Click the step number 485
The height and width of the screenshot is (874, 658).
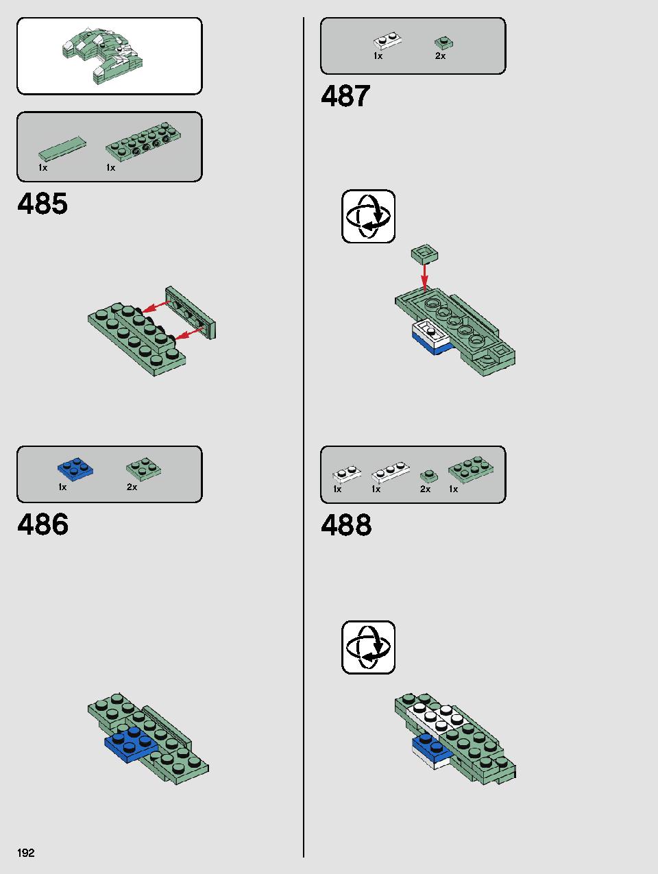(42, 204)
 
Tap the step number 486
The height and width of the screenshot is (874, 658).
(42, 524)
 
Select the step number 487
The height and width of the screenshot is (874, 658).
(345, 96)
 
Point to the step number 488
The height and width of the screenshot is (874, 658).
(346, 524)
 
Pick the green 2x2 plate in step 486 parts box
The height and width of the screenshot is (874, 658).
(144, 468)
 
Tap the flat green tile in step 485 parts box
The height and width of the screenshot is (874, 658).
(62, 148)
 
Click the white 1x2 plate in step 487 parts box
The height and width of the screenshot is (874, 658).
(387, 40)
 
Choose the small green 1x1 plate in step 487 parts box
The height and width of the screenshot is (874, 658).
(443, 43)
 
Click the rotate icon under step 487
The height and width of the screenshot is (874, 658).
(368, 216)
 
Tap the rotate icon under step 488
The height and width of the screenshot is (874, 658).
(368, 647)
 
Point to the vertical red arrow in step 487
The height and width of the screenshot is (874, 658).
(425, 277)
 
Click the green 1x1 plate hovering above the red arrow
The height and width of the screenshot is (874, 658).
(424, 254)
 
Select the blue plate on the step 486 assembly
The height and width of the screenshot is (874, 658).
(132, 744)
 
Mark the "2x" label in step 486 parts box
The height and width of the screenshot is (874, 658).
(132, 487)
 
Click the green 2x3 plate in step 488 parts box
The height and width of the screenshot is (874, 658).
(471, 470)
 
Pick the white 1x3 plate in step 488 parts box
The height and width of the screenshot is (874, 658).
(391, 472)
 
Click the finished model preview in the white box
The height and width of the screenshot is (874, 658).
(102, 56)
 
